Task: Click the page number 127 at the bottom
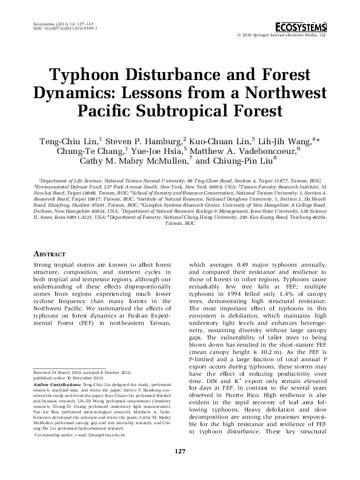tap(180, 467)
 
